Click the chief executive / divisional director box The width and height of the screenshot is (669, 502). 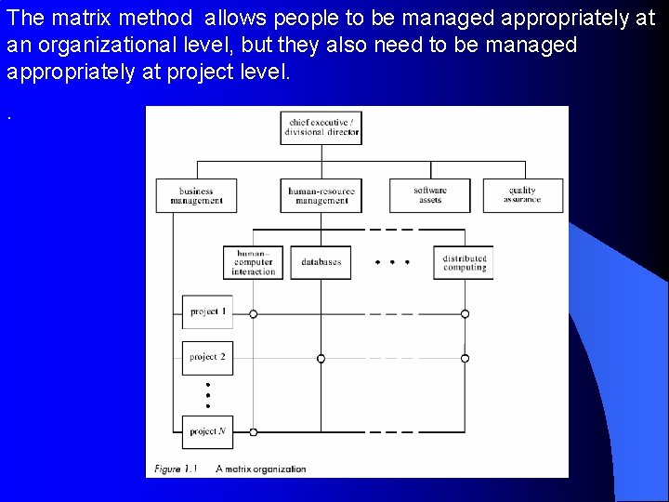point(321,127)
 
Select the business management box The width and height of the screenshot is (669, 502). point(196,195)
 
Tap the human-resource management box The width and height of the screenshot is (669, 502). point(321,195)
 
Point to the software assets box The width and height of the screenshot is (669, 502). point(429,194)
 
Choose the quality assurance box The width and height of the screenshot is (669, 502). point(522,194)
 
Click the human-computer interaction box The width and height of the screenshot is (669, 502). point(254,262)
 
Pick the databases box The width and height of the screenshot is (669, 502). point(321,262)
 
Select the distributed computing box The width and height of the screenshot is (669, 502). point(464,262)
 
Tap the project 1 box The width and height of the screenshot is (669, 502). point(207,311)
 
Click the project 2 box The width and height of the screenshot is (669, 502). point(207,357)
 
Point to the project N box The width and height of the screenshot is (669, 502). point(207,431)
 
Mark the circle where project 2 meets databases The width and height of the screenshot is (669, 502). point(321,358)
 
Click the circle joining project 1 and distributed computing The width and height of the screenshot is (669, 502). point(465,314)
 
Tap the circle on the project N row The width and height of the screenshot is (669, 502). point(254,432)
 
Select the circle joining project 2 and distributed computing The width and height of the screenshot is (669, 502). point(465,358)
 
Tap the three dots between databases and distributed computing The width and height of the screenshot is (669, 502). point(391,262)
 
